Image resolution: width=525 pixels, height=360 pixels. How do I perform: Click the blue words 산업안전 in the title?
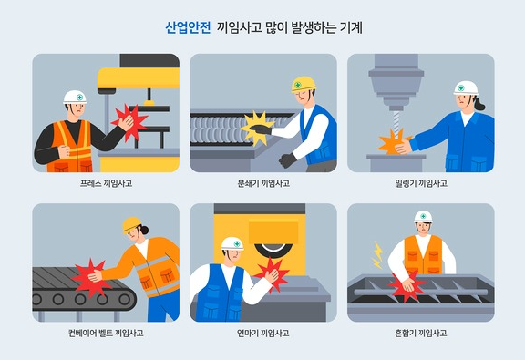(188, 27)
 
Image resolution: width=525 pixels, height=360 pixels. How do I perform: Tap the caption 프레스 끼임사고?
(106, 183)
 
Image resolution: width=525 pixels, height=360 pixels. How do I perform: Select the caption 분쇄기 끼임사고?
(263, 183)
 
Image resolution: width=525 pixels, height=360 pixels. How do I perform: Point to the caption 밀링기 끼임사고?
(421, 183)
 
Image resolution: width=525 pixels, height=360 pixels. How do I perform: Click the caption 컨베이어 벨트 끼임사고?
(106, 333)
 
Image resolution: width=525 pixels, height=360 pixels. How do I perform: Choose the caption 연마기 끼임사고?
(263, 333)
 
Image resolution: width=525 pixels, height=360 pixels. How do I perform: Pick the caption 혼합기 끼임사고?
(421, 333)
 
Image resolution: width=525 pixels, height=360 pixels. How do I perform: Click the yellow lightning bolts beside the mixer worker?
(377, 255)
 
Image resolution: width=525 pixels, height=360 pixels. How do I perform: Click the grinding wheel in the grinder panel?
(273, 251)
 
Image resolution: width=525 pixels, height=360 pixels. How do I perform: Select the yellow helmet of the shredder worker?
(304, 84)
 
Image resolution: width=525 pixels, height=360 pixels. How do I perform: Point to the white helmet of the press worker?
(75, 97)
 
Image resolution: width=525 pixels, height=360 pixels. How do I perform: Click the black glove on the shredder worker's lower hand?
(287, 160)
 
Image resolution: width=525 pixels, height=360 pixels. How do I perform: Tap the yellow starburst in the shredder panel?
(257, 129)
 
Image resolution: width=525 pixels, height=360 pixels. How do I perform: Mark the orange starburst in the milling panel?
(393, 141)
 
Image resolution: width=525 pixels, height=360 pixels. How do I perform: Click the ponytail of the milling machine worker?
(479, 103)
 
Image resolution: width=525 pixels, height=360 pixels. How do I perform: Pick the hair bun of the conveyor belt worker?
(145, 230)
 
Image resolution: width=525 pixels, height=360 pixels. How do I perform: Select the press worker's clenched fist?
(64, 151)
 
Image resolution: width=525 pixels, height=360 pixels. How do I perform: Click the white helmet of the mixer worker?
(423, 217)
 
